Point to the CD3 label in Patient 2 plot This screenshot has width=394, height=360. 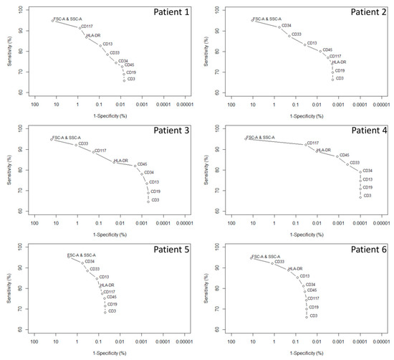pyautogui.click(x=340, y=78)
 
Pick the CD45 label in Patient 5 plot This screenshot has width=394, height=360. pyautogui.click(x=112, y=297)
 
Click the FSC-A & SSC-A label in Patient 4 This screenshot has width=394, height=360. pyautogui.click(x=261, y=137)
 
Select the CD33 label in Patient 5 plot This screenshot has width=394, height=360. pyautogui.click(x=95, y=269)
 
